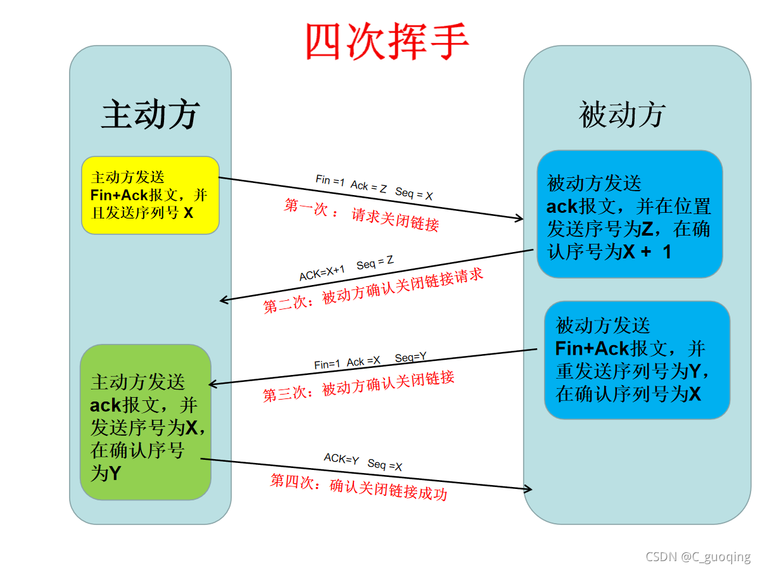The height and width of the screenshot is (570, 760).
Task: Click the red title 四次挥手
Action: pyautogui.click(x=387, y=41)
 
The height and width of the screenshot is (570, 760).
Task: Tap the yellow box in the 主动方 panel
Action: pyautogui.click(x=150, y=195)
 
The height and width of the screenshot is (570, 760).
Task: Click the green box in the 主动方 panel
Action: pyautogui.click(x=145, y=422)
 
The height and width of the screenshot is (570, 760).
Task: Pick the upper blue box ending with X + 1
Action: pyautogui.click(x=630, y=214)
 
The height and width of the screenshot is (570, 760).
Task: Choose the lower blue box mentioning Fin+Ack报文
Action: pyautogui.click(x=637, y=360)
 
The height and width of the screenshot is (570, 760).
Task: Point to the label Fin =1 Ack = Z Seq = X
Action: pyautogui.click(x=374, y=187)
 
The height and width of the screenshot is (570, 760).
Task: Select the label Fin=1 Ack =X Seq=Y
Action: pyautogui.click(x=370, y=360)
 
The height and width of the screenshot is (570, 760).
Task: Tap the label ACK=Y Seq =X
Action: pyautogui.click(x=363, y=462)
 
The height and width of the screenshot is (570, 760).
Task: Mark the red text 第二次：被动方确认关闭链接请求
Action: pyautogui.click(x=373, y=291)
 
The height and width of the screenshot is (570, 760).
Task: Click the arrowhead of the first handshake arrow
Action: pyautogui.click(x=520, y=219)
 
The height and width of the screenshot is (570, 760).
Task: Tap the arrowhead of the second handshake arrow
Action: pyautogui.click(x=224, y=301)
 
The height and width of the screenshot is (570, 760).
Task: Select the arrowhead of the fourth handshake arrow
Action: pyautogui.click(x=528, y=489)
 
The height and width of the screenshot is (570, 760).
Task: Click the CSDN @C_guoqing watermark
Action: pyautogui.click(x=698, y=557)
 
